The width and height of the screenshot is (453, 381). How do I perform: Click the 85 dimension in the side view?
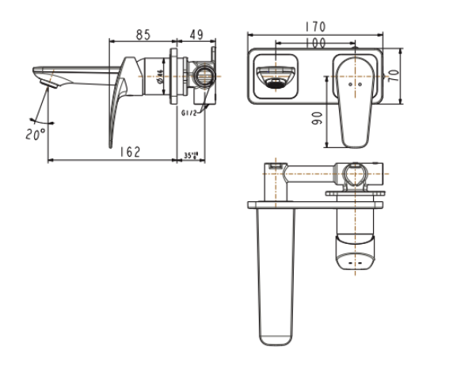143,35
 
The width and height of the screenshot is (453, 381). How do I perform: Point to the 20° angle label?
34,135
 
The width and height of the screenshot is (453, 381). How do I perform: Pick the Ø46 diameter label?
160,78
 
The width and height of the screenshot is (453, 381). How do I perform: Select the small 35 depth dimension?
191,156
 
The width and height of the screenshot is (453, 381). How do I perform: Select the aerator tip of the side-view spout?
46,80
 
